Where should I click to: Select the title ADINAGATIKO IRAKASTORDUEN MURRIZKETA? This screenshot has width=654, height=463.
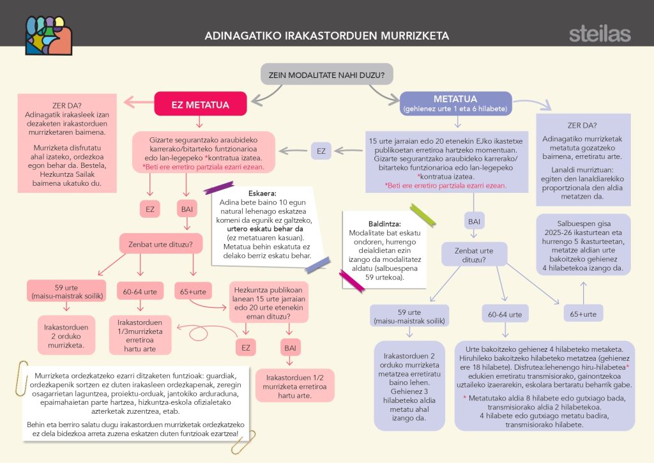(326, 36)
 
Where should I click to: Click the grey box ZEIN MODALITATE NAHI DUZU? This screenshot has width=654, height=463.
(326, 75)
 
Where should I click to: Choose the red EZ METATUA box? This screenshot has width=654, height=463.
(192, 103)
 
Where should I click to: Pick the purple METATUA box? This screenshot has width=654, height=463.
(455, 103)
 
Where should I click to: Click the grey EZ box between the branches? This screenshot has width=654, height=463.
(321, 151)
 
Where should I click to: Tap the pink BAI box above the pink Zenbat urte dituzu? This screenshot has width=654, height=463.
(186, 208)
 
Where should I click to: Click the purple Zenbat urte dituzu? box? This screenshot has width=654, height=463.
(474, 254)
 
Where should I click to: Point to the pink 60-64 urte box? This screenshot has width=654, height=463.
(141, 292)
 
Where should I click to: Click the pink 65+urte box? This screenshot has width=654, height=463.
(192, 292)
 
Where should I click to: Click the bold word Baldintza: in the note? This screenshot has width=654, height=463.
(369, 224)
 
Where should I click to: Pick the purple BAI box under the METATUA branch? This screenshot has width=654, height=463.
(474, 221)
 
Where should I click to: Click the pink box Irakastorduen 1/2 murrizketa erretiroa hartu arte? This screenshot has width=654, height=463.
(288, 386)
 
